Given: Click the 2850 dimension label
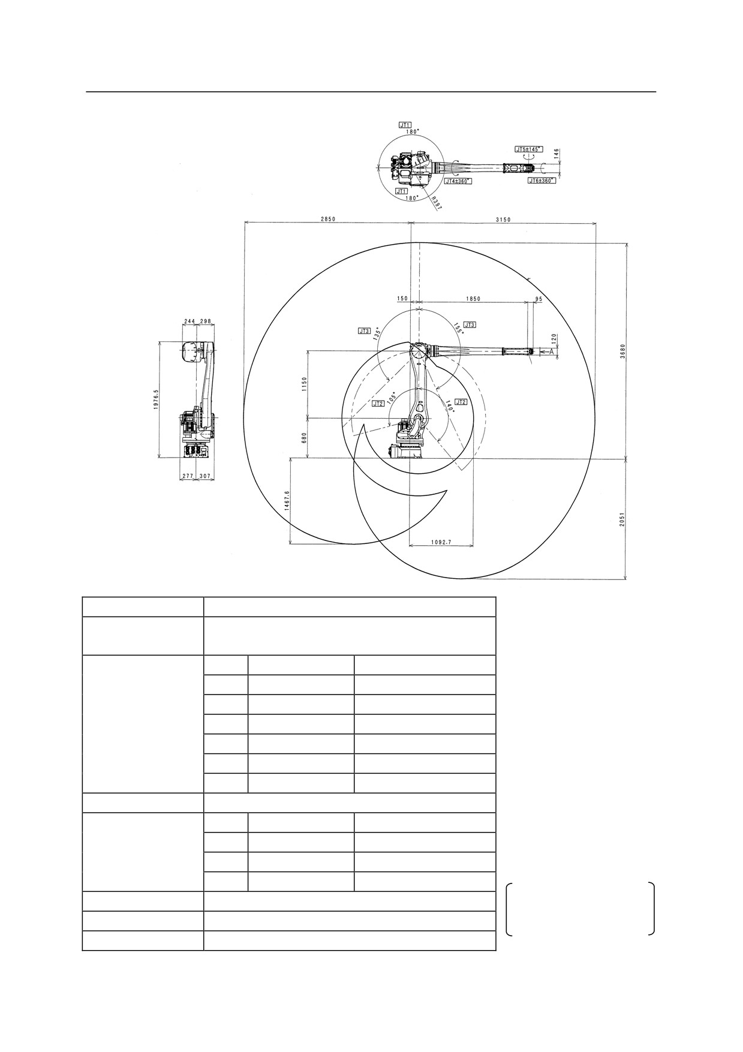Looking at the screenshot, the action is click(x=327, y=220).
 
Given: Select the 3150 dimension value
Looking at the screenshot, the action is click(x=503, y=220).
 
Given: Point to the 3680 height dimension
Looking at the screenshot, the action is click(x=622, y=351).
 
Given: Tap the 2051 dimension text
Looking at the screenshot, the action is click(x=622, y=519).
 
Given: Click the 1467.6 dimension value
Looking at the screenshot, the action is click(x=287, y=501).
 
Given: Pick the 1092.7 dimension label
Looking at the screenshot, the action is click(x=441, y=542).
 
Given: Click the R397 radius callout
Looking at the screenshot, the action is click(x=437, y=204).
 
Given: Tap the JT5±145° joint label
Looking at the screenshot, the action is click(x=528, y=148).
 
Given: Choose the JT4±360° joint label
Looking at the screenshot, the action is click(x=458, y=181).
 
